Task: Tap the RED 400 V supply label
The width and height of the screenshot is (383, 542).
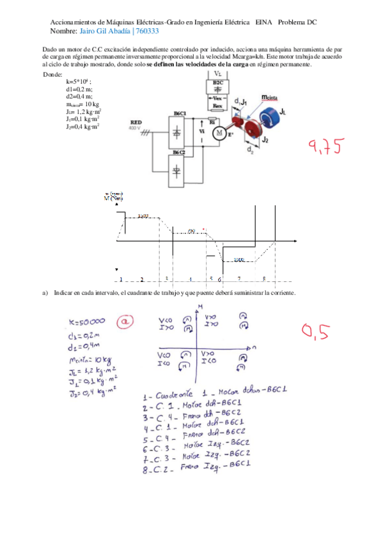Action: click(136, 125)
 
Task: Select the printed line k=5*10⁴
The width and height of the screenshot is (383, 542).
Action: click(78, 82)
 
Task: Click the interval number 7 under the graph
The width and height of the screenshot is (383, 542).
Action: click(238, 279)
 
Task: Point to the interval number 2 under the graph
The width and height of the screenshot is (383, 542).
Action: click(141, 279)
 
